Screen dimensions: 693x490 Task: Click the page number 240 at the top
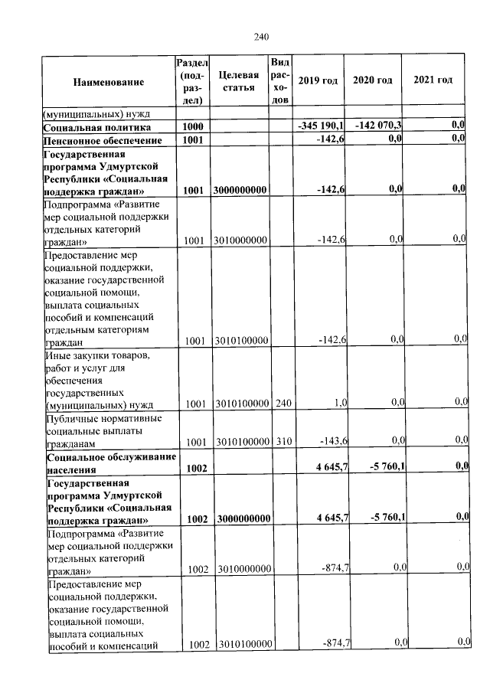[262, 36]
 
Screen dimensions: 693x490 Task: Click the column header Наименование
[108, 80]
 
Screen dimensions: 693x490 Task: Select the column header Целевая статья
[238, 80]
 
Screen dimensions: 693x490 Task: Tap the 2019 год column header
[317, 80]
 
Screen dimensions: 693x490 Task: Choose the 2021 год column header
[433, 80]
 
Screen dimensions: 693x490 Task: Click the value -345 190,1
[322, 125]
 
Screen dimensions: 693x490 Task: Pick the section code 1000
[192, 126]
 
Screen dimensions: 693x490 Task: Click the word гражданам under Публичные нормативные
[71, 443]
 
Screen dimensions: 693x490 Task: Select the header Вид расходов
[280, 80]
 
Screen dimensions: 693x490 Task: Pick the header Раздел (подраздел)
[191, 80]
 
